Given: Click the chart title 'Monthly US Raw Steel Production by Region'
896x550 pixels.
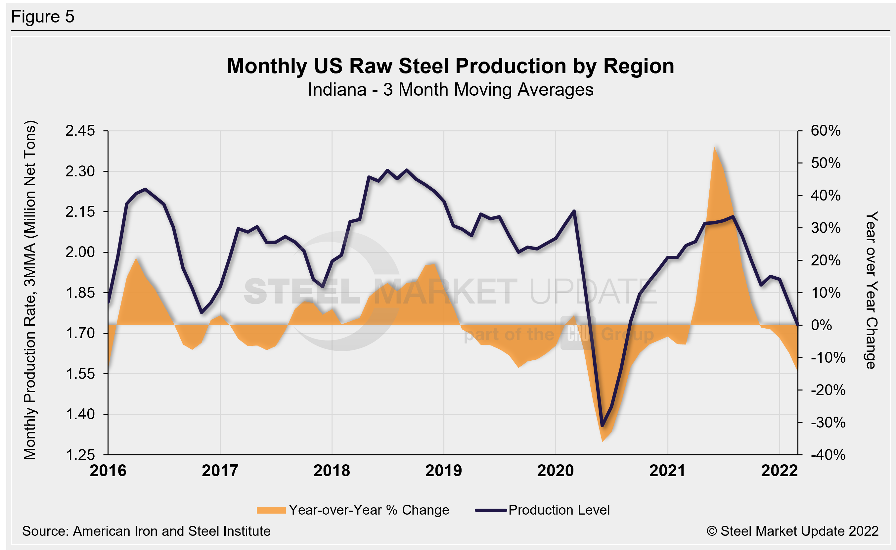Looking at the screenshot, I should pyautogui.click(x=450, y=66).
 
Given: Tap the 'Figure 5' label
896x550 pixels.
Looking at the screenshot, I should pyautogui.click(x=43, y=17).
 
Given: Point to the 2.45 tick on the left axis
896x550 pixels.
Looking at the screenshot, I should pyautogui.click(x=80, y=131).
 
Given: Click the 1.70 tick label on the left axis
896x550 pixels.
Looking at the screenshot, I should pyautogui.click(x=80, y=333).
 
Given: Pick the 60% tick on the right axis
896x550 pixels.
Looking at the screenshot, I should pyautogui.click(x=826, y=131).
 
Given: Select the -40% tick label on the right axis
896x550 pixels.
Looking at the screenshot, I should pyautogui.click(x=828, y=455).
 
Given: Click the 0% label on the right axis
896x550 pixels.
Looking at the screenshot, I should pyautogui.click(x=822, y=325).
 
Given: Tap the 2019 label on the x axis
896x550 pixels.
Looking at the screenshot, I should pyautogui.click(x=443, y=471).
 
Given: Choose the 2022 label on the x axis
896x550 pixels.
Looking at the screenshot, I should pyautogui.click(x=779, y=471).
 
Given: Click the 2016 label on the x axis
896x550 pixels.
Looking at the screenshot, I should pyautogui.click(x=108, y=471).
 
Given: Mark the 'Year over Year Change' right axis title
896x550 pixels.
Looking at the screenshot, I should pyautogui.click(x=871, y=290).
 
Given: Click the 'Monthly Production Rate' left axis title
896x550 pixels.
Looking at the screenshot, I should pyautogui.click(x=30, y=290).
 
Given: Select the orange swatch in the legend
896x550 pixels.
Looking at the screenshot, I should pyautogui.click(x=271, y=510).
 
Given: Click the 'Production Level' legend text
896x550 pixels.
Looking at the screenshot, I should pyautogui.click(x=559, y=510).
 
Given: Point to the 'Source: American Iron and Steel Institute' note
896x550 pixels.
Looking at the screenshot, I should pyautogui.click(x=146, y=531).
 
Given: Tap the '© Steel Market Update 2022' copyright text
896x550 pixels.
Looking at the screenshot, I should pyautogui.click(x=792, y=531).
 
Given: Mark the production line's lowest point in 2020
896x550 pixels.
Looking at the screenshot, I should pyautogui.click(x=602, y=426).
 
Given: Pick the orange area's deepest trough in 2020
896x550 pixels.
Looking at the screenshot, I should pyautogui.click(x=603, y=441).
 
